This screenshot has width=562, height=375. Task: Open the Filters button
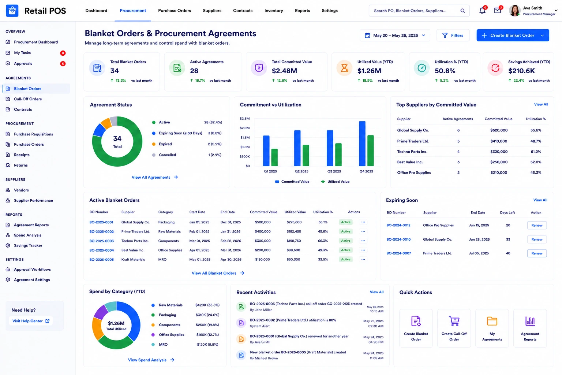pyautogui.click(x=453, y=36)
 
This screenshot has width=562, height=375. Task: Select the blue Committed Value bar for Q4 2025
pyautogui.click(x=362, y=144)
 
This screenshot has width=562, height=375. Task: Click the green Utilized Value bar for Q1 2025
pyautogui.click(x=274, y=157)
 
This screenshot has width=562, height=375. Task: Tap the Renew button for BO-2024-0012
pyautogui.click(x=537, y=225)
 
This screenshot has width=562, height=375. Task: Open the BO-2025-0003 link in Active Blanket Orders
pyautogui.click(x=102, y=241)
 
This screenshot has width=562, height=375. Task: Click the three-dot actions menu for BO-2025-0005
pyautogui.click(x=363, y=260)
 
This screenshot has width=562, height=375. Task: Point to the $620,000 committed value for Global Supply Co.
pyautogui.click(x=499, y=130)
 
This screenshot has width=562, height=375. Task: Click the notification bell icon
pyautogui.click(x=482, y=11)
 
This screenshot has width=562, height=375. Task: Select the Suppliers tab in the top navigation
pyautogui.click(x=212, y=11)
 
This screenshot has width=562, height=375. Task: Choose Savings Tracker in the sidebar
pyautogui.click(x=28, y=245)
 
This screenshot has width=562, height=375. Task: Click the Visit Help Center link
pyautogui.click(x=31, y=321)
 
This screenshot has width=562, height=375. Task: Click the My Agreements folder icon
pyautogui.click(x=492, y=321)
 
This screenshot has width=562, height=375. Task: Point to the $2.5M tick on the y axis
pyautogui.click(x=245, y=119)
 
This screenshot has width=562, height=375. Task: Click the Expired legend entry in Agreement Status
pyautogui.click(x=165, y=144)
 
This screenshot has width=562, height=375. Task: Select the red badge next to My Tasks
pyautogui.click(x=63, y=53)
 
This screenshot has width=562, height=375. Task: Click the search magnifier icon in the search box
pyautogui.click(x=462, y=11)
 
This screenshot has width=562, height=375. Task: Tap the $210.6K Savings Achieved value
pyautogui.click(x=521, y=71)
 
